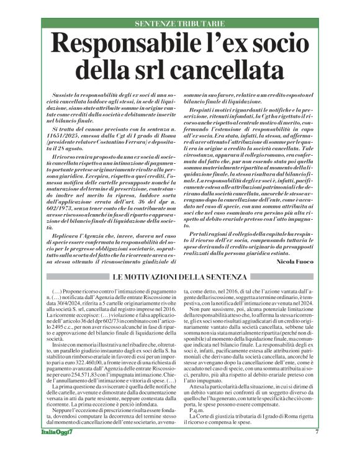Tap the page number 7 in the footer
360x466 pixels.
pos(317,449)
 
